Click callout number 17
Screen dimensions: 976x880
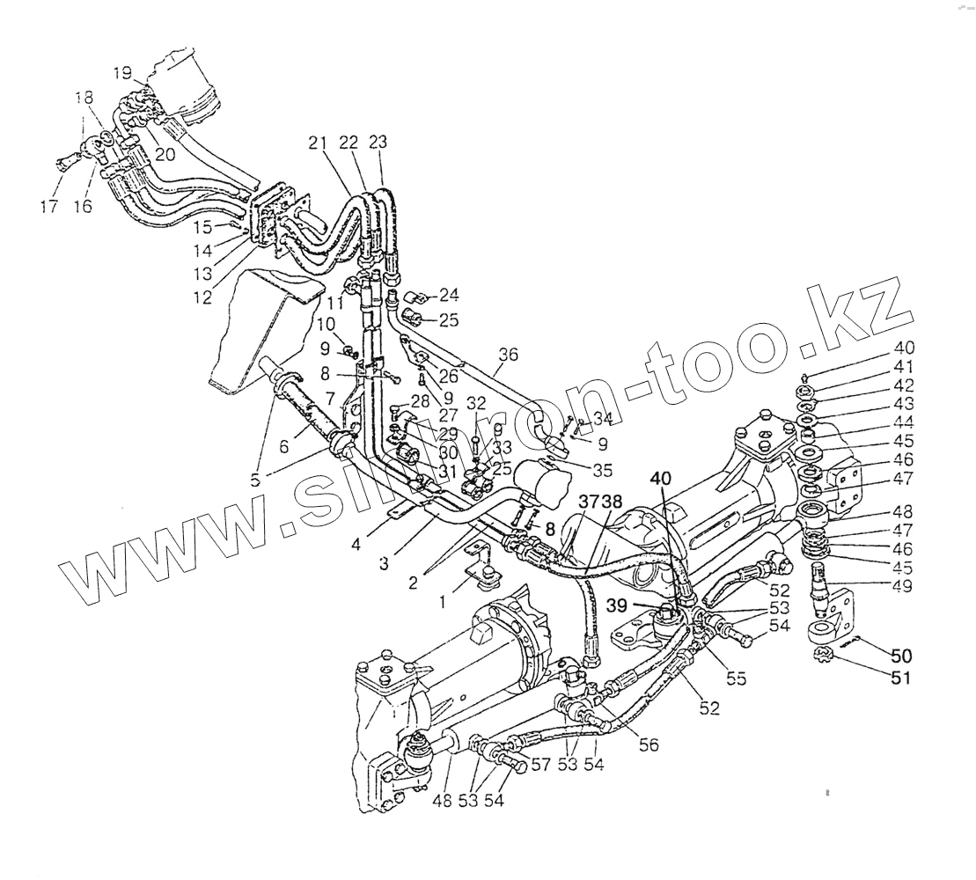pyautogui.click(x=48, y=208)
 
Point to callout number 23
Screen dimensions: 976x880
pyautogui.click(x=378, y=142)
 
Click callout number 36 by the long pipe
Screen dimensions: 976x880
pyautogui.click(x=508, y=355)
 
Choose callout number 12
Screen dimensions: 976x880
pyautogui.click(x=202, y=297)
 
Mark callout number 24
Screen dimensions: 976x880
pyautogui.click(x=450, y=294)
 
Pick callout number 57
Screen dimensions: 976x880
pyautogui.click(x=540, y=765)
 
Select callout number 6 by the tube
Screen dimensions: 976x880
pyautogui.click(x=284, y=446)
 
